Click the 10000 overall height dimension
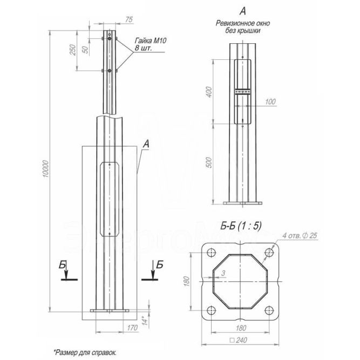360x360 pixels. click(x=46, y=169)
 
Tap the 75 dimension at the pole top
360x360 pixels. click(x=129, y=20)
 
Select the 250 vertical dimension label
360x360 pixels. click(x=72, y=50)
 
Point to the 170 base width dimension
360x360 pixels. click(x=132, y=328)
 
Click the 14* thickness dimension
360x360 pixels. click(x=145, y=321)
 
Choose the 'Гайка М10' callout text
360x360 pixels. click(x=151, y=40)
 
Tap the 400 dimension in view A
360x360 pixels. click(x=209, y=92)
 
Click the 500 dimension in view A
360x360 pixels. click(x=209, y=162)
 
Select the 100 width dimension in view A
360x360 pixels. click(x=270, y=101)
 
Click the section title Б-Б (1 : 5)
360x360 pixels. click(x=241, y=226)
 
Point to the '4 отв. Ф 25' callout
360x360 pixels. click(x=300, y=235)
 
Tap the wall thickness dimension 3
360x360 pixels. click(x=223, y=273)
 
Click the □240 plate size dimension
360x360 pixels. click(x=239, y=340)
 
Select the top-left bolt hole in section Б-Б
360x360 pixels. click(x=211, y=252)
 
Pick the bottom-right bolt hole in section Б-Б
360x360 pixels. click(x=269, y=310)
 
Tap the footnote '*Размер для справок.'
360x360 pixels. click(x=85, y=352)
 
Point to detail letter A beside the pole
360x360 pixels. click(x=146, y=145)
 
